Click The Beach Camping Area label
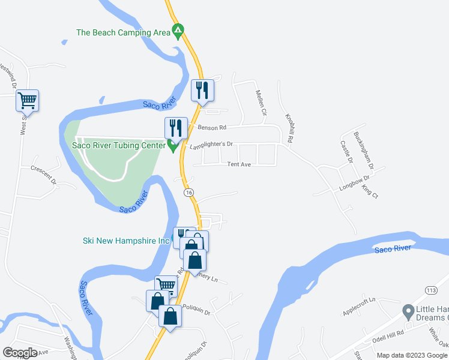[123, 32]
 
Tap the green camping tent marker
[178, 30]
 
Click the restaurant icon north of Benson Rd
[202, 90]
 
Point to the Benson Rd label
[211, 128]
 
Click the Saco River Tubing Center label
[118, 145]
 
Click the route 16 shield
[188, 192]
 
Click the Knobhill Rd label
[289, 127]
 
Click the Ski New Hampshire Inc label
[126, 241]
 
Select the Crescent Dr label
[43, 175]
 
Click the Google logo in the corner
[20, 353]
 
